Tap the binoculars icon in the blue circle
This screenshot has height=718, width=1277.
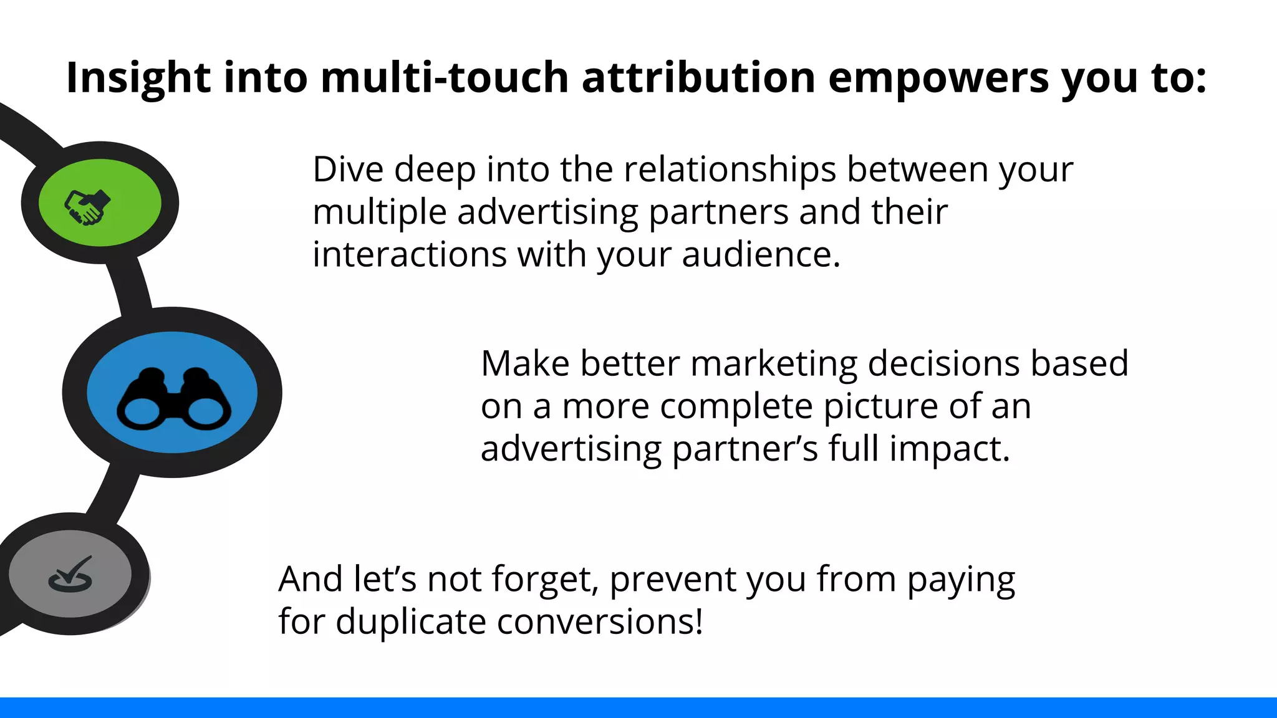click(173, 400)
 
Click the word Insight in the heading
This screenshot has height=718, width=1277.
click(138, 78)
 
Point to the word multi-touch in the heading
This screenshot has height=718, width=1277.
click(444, 78)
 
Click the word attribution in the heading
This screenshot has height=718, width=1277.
click(698, 78)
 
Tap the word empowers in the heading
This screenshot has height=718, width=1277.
click(938, 78)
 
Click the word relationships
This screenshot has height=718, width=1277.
click(729, 170)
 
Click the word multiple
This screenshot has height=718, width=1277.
click(379, 213)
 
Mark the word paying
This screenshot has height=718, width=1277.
click(960, 581)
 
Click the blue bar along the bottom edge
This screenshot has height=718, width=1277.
click(638, 707)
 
